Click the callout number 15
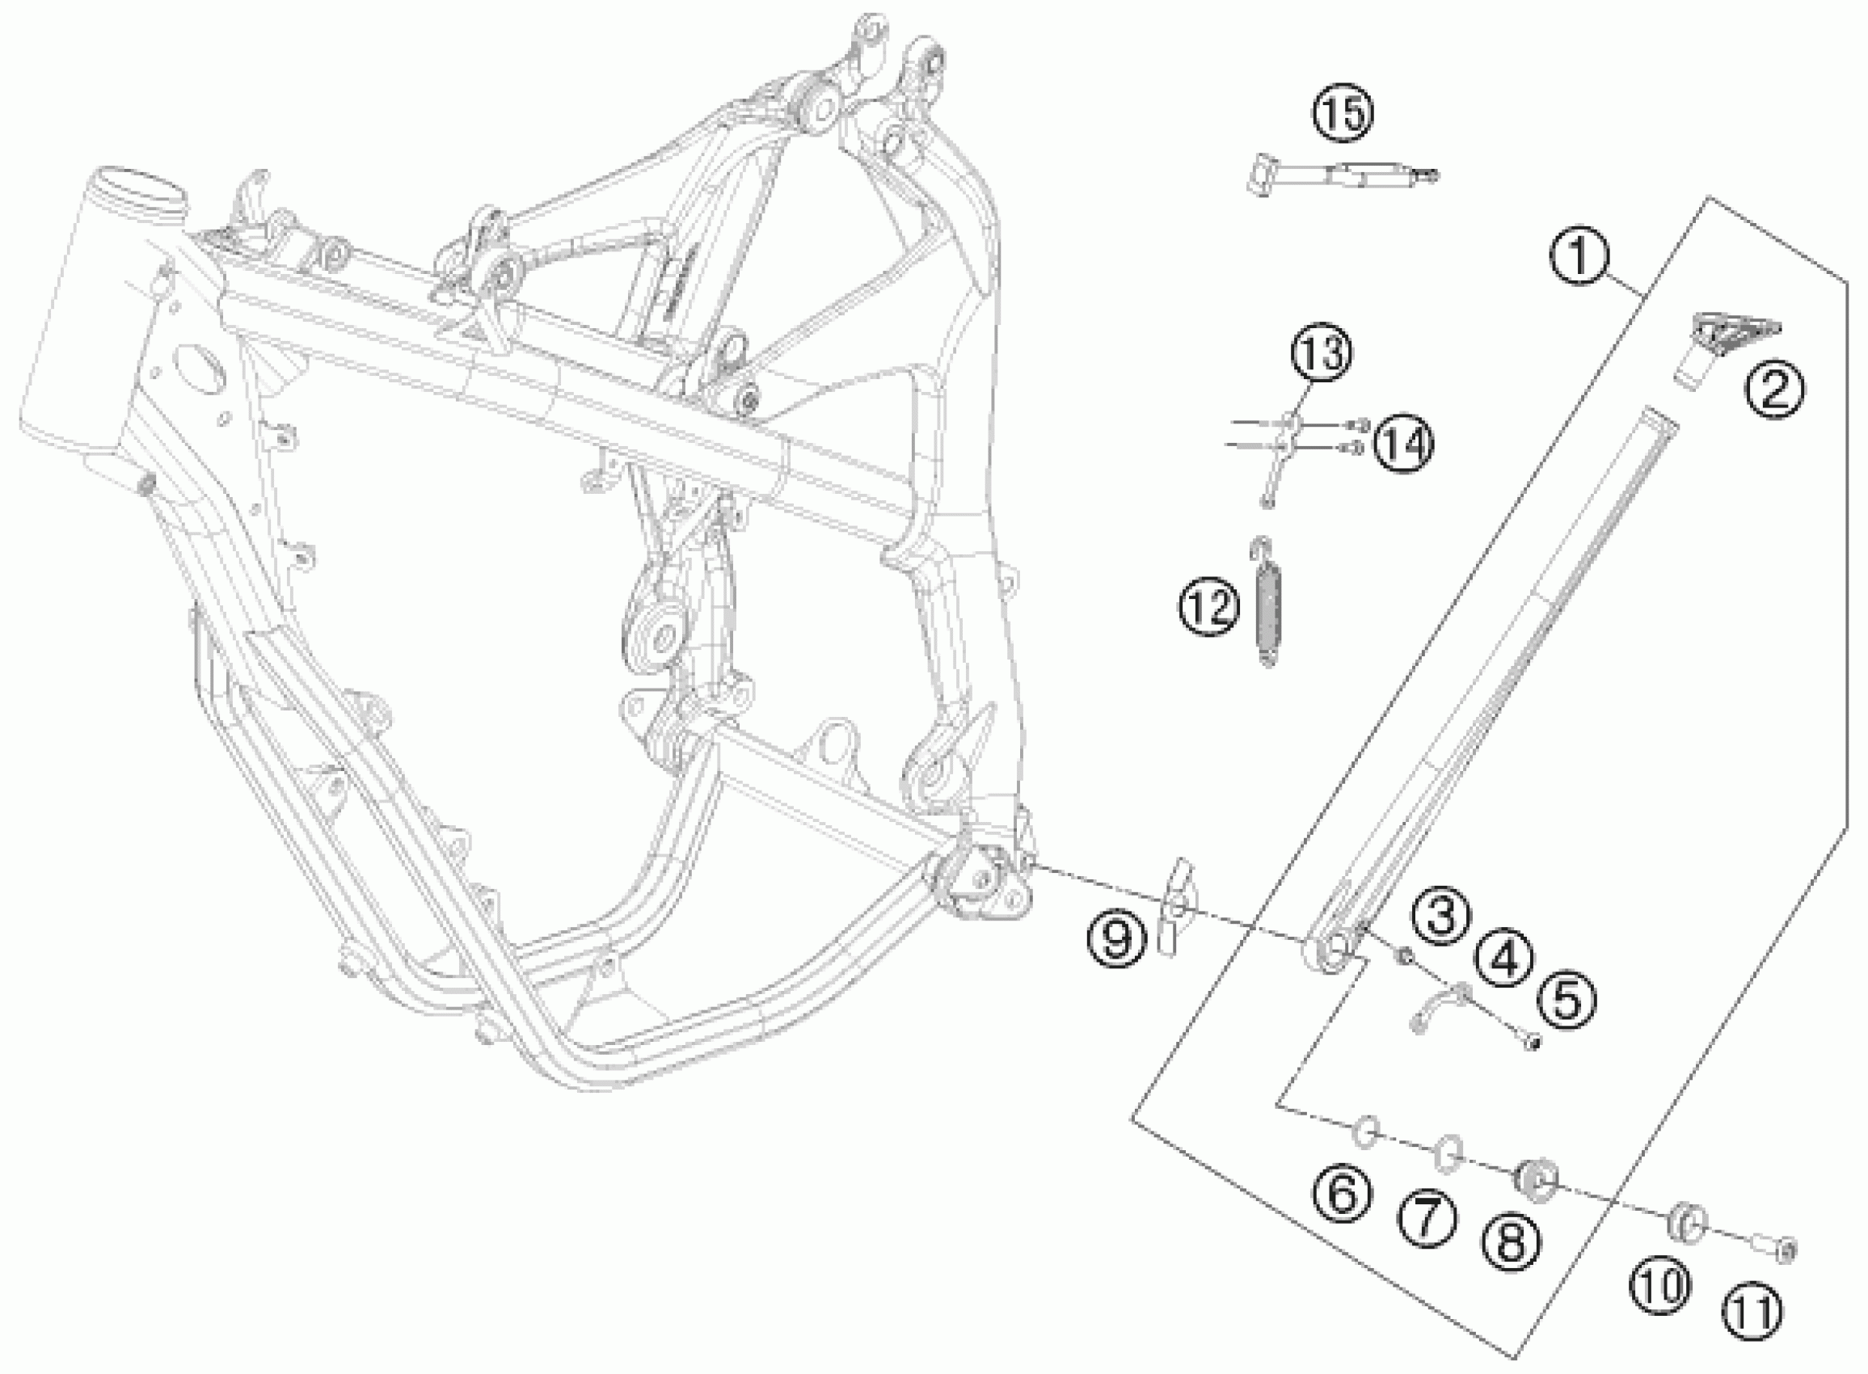pyautogui.click(x=1343, y=114)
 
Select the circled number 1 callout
pyautogui.click(x=1579, y=257)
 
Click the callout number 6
pyautogui.click(x=1342, y=1195)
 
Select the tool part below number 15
pyautogui.click(x=1340, y=176)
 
